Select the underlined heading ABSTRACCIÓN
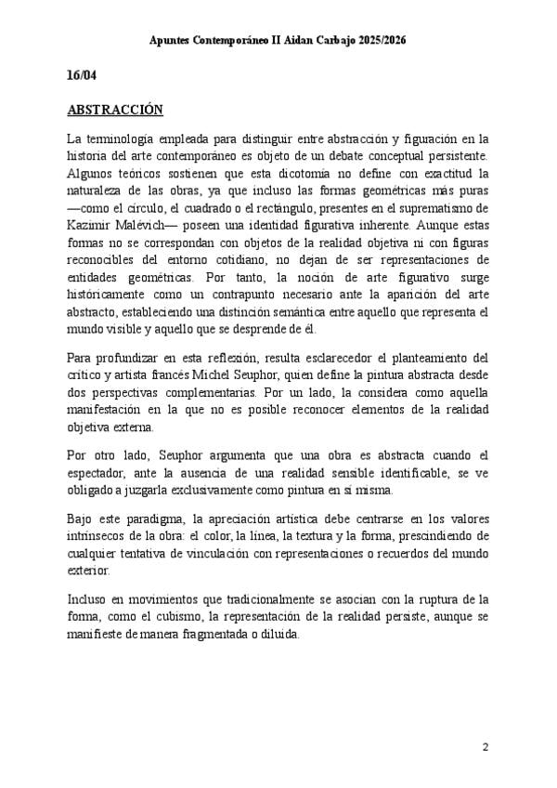[x=115, y=109]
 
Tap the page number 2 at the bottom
[x=486, y=747]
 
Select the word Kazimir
[x=92, y=224]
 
